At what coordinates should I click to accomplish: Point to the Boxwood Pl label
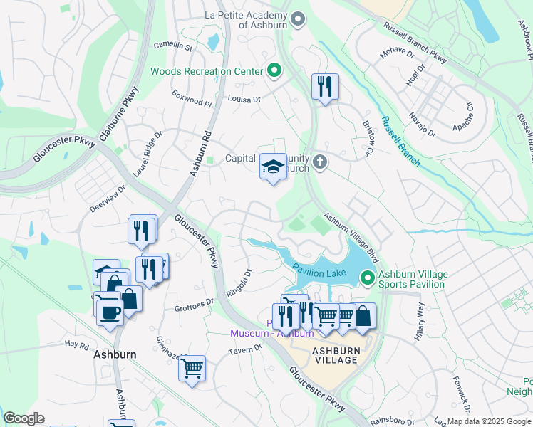tap(192, 97)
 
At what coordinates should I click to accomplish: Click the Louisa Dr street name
tap(244, 100)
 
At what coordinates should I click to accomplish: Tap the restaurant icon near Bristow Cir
tap(325, 88)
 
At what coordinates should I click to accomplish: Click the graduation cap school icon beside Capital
tap(272, 167)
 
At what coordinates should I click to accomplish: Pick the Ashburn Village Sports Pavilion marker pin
tap(368, 278)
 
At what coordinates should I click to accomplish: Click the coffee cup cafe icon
tap(109, 312)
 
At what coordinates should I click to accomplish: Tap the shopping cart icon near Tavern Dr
tap(191, 369)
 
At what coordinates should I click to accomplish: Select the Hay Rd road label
tap(76, 344)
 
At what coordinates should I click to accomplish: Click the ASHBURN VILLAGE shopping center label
tap(335, 355)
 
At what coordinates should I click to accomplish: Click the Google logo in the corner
tap(24, 418)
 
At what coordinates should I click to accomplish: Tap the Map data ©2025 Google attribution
tap(489, 421)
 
